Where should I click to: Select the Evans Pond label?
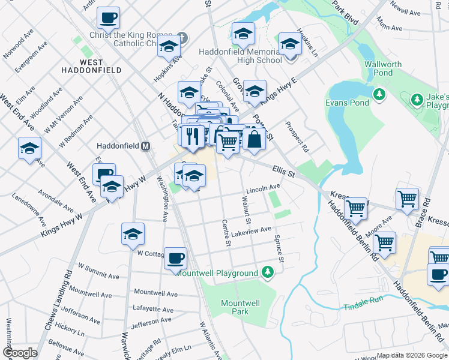point(347,103)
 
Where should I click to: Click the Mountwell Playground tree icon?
point(268,273)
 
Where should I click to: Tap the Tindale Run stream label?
point(363,307)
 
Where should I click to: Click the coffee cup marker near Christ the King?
point(108,19)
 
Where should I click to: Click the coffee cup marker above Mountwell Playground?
point(175,259)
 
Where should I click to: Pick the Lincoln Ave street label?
point(264,188)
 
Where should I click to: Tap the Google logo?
point(20,353)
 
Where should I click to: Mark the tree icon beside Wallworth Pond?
point(379,94)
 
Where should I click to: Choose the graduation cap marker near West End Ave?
point(29,149)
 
